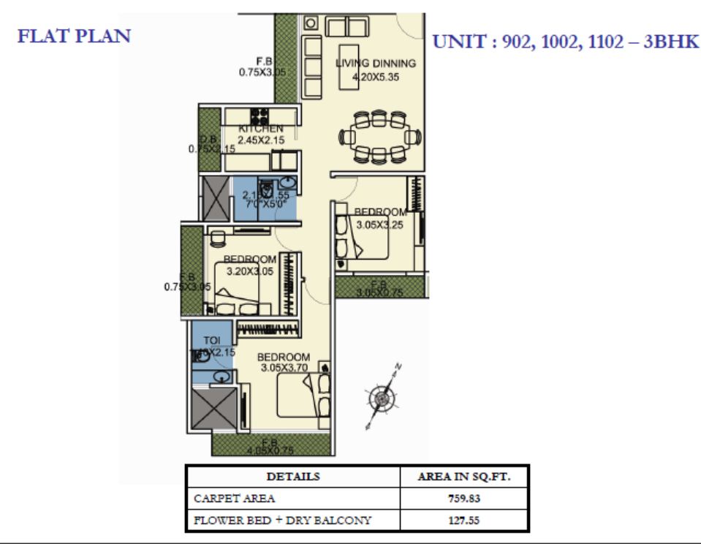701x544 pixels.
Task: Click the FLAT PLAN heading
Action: (x=74, y=37)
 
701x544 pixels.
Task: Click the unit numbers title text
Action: (x=566, y=42)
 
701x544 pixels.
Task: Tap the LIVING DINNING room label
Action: (x=376, y=64)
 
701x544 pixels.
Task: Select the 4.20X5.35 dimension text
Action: (x=376, y=75)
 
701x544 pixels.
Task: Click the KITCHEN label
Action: (x=260, y=129)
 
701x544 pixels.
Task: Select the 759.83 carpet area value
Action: (x=463, y=499)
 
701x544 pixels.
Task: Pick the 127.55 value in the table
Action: (x=463, y=521)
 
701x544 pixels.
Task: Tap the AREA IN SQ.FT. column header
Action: (x=463, y=477)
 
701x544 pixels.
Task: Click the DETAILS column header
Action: (x=292, y=477)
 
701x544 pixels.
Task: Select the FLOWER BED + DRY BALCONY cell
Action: (x=282, y=521)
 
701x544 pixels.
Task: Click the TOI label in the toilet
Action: (x=211, y=341)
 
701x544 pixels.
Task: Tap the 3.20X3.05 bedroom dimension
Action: (x=250, y=271)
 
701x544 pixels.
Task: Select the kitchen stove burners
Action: (x=259, y=116)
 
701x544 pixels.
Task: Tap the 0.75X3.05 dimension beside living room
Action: (x=261, y=72)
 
